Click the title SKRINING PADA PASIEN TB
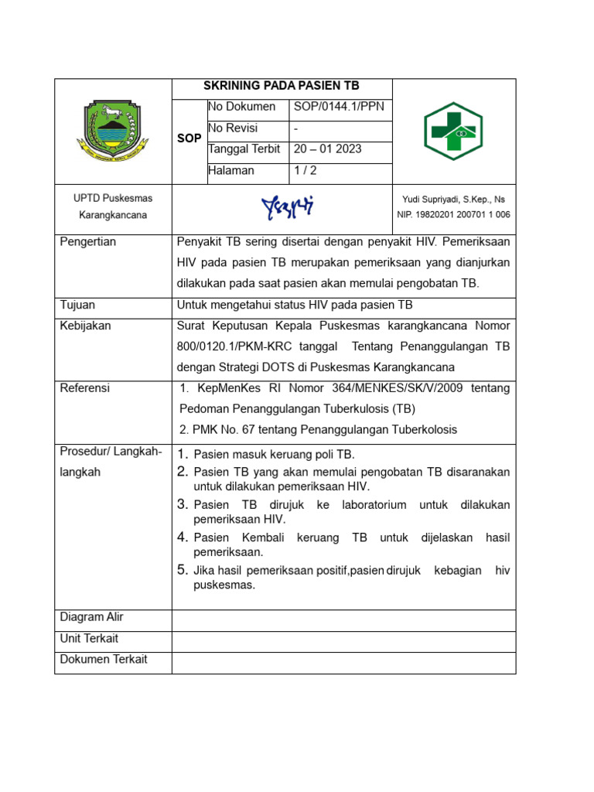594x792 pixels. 282,86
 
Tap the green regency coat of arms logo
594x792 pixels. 113,131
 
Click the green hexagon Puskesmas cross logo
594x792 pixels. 453,131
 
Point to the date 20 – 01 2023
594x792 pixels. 327,149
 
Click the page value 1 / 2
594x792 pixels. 305,170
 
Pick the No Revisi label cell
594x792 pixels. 233,128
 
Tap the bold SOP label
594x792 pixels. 189,138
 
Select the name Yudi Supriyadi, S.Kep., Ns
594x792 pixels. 453,199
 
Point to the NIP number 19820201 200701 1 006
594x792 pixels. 453,215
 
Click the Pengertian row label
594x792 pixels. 88,242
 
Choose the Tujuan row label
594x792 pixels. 77,305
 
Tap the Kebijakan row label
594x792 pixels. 85,326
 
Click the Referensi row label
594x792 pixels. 85,387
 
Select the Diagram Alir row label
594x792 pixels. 91,617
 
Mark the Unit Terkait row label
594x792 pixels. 89,638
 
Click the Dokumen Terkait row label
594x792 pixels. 104,660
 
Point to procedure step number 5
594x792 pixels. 183,570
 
